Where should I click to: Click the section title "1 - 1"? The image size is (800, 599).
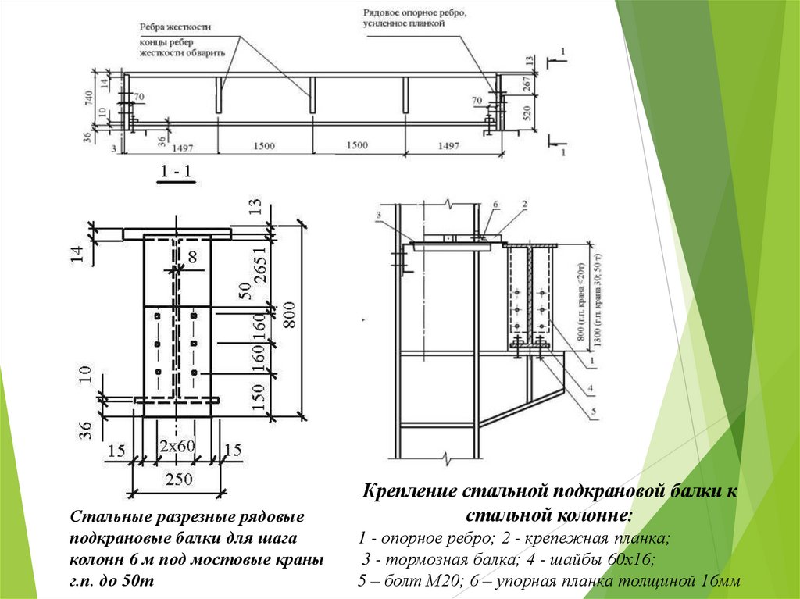point(177,173)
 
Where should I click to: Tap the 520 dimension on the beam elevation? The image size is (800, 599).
point(527,112)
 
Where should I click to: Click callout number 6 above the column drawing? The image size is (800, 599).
point(495,203)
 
